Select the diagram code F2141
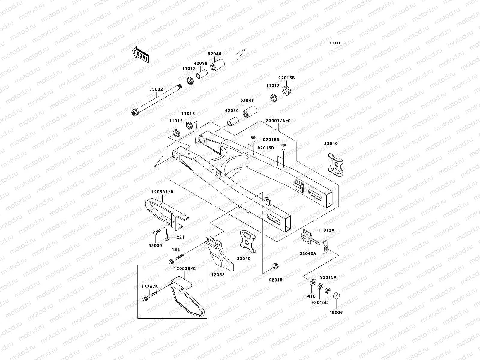[x=335, y=43]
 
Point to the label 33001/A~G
[x=278, y=121]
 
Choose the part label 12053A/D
[x=162, y=191]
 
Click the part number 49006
[x=336, y=312]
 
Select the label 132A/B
[x=149, y=287]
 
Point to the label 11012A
[x=326, y=230]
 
